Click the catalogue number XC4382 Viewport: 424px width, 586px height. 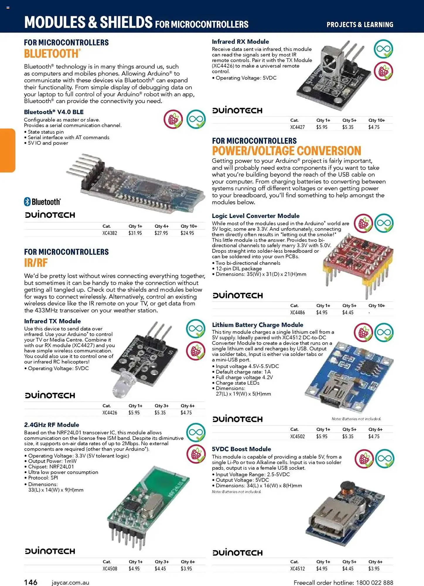(x=110, y=233)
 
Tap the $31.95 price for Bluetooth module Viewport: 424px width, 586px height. (x=135, y=233)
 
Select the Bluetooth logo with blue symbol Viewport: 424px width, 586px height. (x=42, y=202)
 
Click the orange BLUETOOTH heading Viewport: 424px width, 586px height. (x=52, y=54)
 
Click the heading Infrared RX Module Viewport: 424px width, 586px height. (x=240, y=42)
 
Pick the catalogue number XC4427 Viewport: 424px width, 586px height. (x=297, y=127)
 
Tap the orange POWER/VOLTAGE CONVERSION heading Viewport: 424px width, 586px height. (x=286, y=151)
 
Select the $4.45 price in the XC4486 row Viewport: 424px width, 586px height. (x=348, y=313)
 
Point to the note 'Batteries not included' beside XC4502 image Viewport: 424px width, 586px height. (x=356, y=419)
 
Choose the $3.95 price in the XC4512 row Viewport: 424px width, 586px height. (x=374, y=569)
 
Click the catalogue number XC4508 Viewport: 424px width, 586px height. (x=110, y=569)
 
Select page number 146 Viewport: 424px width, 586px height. (x=30, y=582)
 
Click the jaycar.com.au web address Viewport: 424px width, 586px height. (x=70, y=583)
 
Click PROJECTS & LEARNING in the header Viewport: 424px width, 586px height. (x=360, y=25)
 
